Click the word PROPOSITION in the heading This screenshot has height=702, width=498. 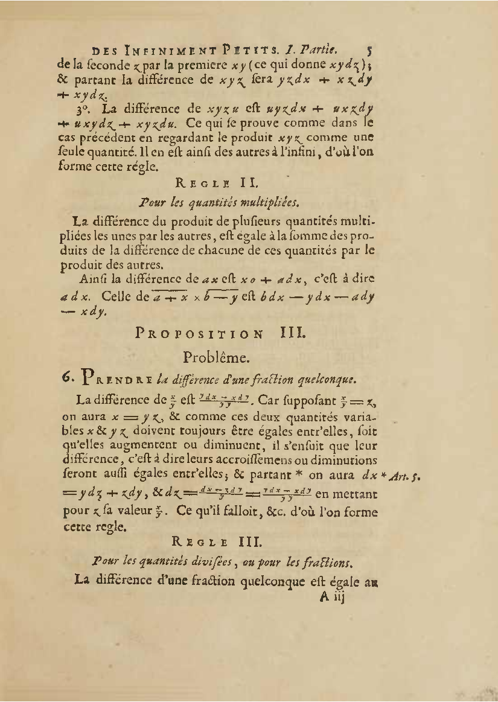200,333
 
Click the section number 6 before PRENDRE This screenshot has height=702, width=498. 68,378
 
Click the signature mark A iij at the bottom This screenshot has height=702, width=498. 331,598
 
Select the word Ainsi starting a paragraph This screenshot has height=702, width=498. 92,279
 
